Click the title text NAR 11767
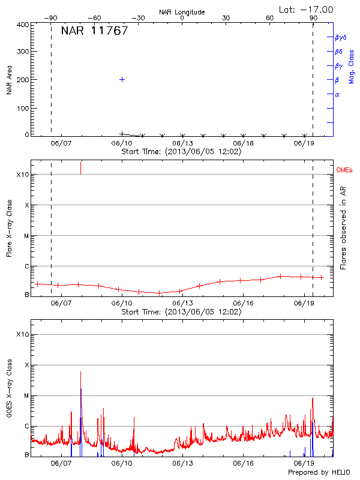(94, 31)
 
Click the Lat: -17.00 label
(307, 9)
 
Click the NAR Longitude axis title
(182, 12)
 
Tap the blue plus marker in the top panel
(122, 79)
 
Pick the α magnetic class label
(337, 94)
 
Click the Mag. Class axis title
(352, 66)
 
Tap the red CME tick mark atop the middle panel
(80, 167)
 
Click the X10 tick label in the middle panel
(23, 175)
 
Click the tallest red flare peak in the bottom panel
(80, 373)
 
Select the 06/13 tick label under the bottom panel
(182, 464)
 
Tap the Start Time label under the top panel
(182, 152)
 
